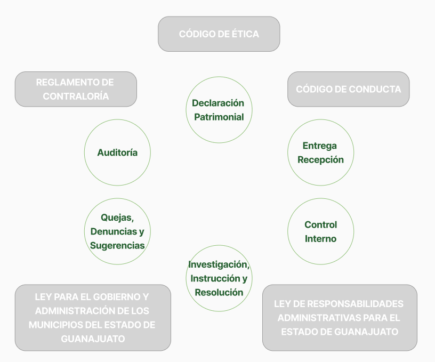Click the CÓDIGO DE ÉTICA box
(x=219, y=34)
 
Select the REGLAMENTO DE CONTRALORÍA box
(x=76, y=89)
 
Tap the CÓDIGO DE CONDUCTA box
(x=348, y=89)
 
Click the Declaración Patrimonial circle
(x=219, y=110)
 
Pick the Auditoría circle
(x=117, y=152)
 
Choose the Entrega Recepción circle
(x=320, y=152)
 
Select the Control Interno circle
(x=320, y=231)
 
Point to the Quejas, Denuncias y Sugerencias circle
(x=117, y=231)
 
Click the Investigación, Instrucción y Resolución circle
(x=219, y=278)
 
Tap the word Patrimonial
(x=219, y=117)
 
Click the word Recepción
(x=320, y=159)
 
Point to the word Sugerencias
(x=117, y=246)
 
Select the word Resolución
(x=219, y=292)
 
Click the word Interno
(x=320, y=239)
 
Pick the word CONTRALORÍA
(x=76, y=96)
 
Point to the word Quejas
(x=116, y=218)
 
